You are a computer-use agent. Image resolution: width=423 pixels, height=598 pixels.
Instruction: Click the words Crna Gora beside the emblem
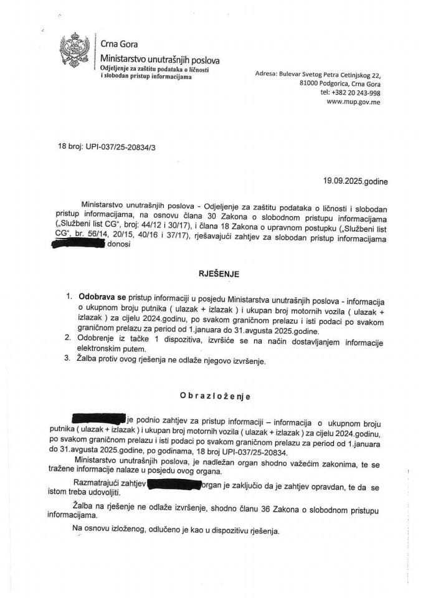[x=119, y=44]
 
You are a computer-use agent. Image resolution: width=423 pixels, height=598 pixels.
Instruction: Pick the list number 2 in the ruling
[x=69, y=338]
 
